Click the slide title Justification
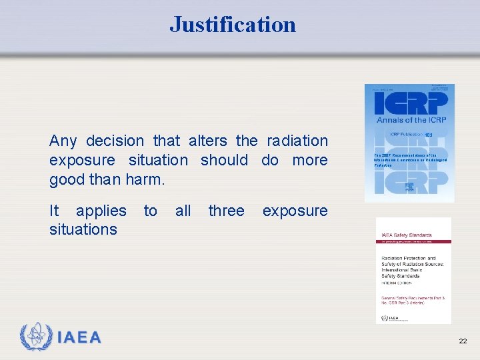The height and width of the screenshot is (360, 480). pos(233,25)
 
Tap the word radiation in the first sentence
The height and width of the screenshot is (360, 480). pos(297,141)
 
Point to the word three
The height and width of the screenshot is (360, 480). pos(226,211)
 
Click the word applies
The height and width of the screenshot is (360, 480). pos(101,211)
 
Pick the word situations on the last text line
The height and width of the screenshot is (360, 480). pos(83,229)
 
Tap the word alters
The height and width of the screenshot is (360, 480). pos(209,141)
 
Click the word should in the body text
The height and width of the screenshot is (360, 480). pos(224,160)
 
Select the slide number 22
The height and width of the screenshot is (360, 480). pos(463,341)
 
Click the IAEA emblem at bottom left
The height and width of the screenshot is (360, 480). pos(35,337)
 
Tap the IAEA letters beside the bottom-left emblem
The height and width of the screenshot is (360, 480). pos(79,338)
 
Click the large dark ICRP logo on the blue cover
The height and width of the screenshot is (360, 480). pos(409,104)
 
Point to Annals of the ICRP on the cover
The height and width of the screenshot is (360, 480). pos(409,120)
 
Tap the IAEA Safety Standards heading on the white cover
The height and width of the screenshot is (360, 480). pos(406,235)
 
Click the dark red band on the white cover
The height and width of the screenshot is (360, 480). pos(413,241)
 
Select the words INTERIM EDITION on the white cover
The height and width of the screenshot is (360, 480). pos(396,283)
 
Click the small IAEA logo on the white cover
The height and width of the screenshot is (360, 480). pos(385,318)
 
